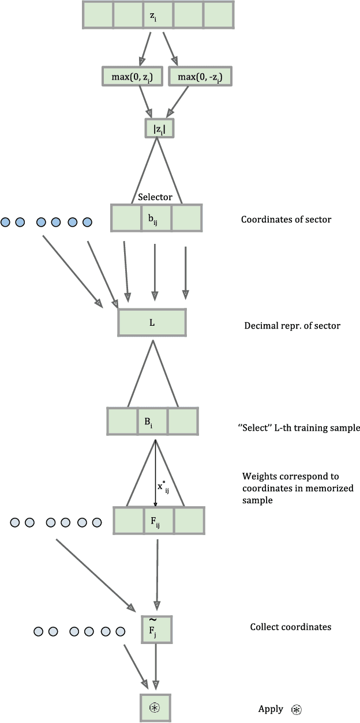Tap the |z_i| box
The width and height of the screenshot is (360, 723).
159,128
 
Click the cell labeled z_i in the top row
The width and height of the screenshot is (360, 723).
158,15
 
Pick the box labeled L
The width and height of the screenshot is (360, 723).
152,322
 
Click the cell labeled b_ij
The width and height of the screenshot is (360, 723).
156,219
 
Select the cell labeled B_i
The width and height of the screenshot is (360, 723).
152,421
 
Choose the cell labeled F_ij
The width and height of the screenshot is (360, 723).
158,520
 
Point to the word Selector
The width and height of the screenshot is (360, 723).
155,197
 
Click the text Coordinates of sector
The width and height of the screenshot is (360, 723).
278,219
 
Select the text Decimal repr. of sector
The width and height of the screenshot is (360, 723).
292,326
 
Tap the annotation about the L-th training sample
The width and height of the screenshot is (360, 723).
298,428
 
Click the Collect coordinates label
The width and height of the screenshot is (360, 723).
290,627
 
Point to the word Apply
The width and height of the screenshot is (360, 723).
271,709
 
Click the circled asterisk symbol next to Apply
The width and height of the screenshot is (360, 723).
297,710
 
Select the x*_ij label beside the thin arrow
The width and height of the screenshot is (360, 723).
164,487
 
